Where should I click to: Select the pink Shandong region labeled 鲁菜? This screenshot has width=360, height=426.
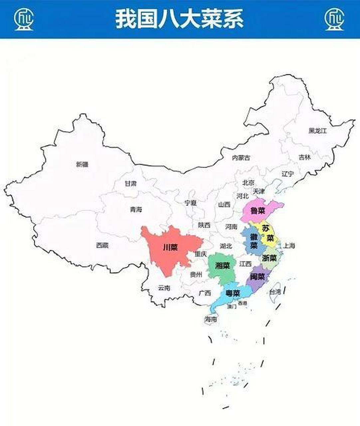coord(258,211)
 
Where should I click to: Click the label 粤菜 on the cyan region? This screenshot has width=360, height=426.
coord(233,293)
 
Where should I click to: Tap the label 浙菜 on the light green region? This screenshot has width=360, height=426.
coord(269,258)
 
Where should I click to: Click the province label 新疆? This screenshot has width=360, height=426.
coord(82,164)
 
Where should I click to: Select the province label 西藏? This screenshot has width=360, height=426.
coord(102,245)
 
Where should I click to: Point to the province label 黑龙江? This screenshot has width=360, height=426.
coord(318,131)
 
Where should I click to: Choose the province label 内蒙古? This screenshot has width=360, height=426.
coord(241,158)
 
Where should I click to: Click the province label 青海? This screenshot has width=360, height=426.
coord(136,209)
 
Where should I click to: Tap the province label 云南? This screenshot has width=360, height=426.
coord(164,288)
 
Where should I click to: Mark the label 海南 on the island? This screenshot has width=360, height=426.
coord(211,319)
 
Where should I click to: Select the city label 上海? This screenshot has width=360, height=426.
coord(289,246)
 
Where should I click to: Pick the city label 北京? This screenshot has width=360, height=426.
coord(248,182)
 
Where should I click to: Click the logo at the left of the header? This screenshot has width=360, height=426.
coord(24,19)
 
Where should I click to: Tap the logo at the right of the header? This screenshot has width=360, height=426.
coord(334,19)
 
